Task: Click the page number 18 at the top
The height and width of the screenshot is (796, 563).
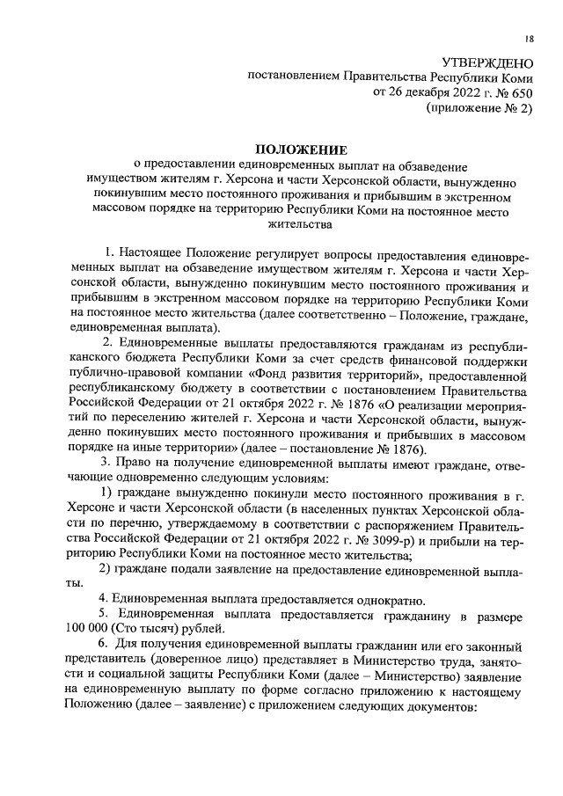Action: coord(530,39)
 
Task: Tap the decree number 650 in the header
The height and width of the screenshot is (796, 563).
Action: coord(523,92)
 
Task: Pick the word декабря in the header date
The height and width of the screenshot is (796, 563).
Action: coord(421,92)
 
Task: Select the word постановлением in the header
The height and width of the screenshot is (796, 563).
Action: coord(292,77)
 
